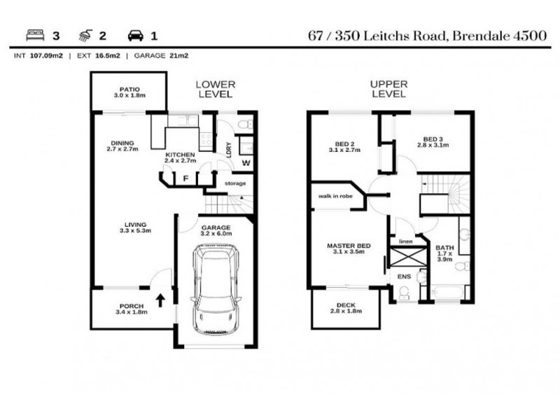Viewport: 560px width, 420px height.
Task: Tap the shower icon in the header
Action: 84,35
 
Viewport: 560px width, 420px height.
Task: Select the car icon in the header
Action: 135,35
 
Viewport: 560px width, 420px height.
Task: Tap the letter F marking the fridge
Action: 185,178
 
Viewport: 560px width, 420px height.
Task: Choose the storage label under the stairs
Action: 235,184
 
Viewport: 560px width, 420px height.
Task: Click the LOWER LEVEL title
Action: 214,88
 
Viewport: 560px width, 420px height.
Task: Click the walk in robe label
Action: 335,197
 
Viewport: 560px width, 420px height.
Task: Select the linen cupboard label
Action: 405,242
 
